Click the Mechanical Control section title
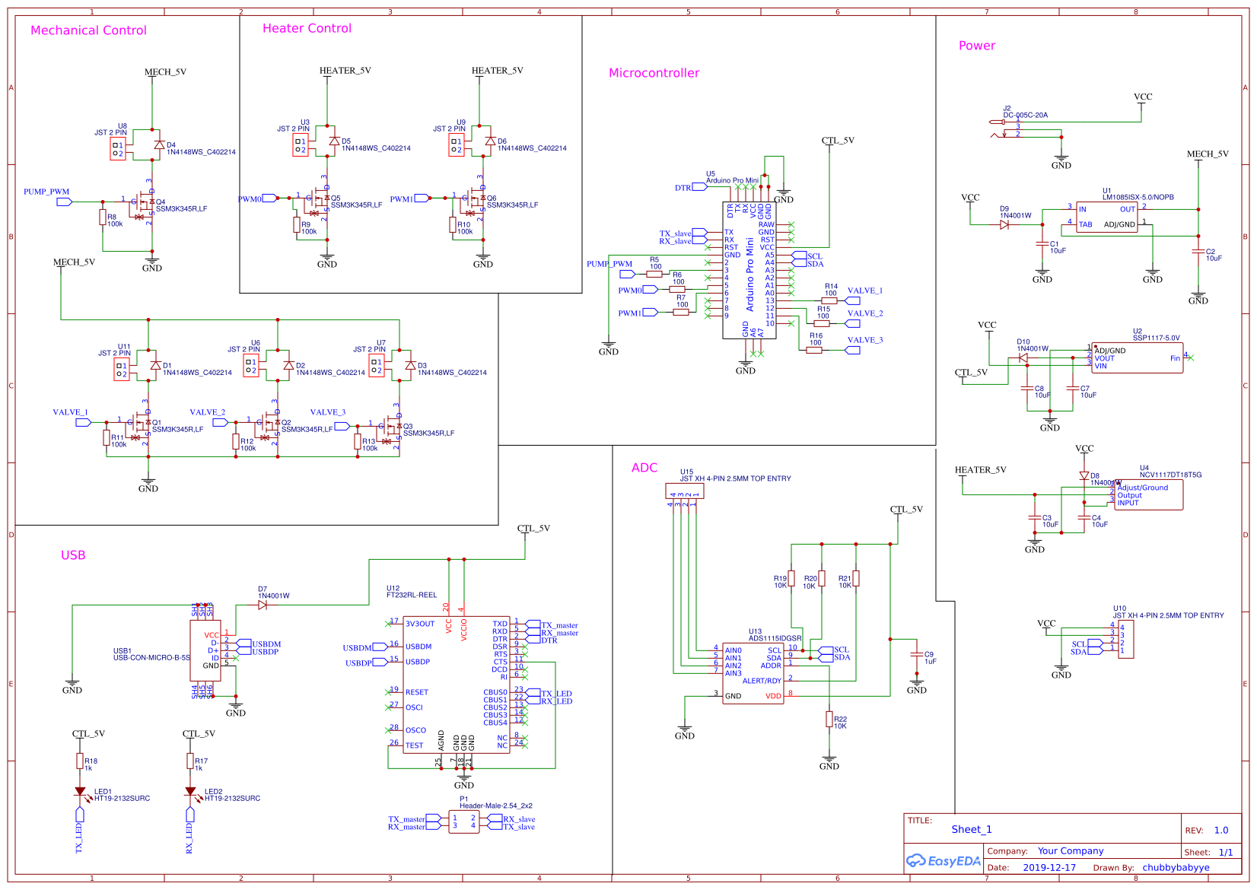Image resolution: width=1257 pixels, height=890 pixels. click(88, 30)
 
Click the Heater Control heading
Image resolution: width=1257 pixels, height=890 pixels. click(307, 28)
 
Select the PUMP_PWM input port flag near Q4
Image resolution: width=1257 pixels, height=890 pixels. click(65, 202)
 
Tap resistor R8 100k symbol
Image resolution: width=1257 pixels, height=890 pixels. click(103, 218)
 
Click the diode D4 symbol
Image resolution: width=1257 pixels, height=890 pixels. click(159, 145)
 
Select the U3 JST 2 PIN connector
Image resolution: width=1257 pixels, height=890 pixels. click(301, 145)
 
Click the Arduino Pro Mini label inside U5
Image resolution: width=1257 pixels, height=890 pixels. click(750, 275)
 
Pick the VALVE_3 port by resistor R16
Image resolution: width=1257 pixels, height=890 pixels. click(852, 350)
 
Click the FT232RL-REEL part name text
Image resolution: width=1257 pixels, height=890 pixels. click(412, 595)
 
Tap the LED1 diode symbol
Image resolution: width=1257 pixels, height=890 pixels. click(80, 792)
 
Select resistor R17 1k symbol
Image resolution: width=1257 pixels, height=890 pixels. click(190, 761)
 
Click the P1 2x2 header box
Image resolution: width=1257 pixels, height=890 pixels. click(463, 822)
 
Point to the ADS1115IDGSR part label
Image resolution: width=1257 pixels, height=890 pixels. click(775, 638)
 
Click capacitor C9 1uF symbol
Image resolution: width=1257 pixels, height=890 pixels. click(917, 656)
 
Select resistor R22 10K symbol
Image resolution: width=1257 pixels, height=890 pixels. click(829, 719)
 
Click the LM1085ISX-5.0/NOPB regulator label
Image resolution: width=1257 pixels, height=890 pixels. click(1138, 197)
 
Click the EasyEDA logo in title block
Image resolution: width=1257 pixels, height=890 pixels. click(943, 861)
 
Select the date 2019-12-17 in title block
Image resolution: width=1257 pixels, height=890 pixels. click(1049, 867)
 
